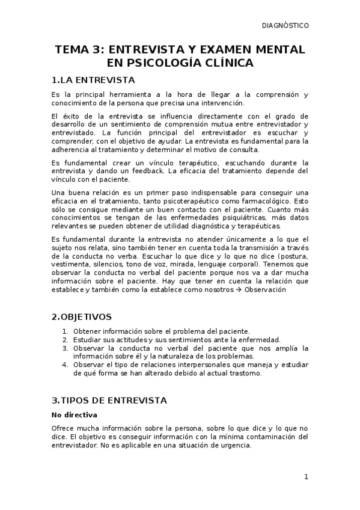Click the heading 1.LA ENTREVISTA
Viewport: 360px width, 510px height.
pyautogui.click(x=93, y=80)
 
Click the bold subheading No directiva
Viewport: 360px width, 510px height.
pyautogui.click(x=75, y=415)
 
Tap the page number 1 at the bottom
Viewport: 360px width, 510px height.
pyautogui.click(x=306, y=477)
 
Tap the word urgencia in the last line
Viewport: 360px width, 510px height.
pyautogui.click(x=233, y=446)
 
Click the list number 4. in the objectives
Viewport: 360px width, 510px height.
pyautogui.click(x=66, y=365)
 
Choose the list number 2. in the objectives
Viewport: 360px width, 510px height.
pyautogui.click(x=66, y=340)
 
